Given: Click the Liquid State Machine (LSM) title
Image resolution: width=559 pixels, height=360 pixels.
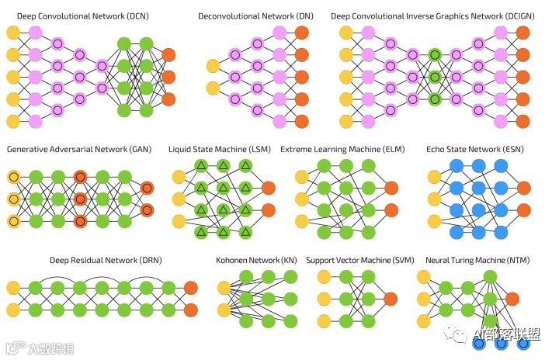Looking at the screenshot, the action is click(220, 148).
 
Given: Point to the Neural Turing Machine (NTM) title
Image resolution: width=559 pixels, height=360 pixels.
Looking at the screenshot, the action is click(474, 261).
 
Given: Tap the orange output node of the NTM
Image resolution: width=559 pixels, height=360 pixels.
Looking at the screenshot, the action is click(512, 299).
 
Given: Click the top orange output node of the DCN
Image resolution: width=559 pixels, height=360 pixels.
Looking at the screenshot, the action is click(168, 54).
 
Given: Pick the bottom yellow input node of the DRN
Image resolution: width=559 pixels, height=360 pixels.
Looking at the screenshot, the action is click(13, 310).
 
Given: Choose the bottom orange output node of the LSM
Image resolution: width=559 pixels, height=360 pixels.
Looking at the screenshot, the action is click(269, 210).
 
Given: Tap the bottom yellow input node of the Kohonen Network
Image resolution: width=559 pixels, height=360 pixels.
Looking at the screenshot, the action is click(224, 310).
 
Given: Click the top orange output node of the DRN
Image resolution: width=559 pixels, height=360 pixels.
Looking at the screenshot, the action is click(191, 288).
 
